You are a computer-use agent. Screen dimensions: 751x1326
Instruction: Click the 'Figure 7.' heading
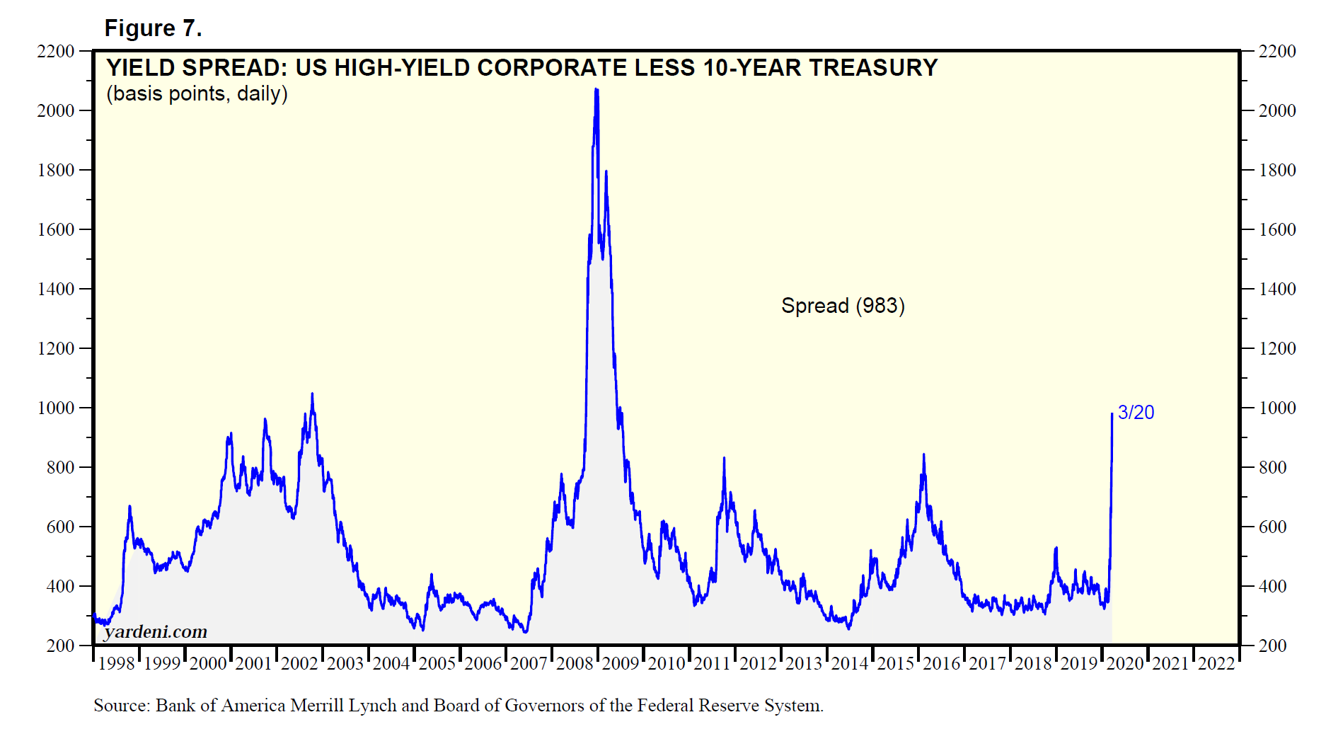(153, 28)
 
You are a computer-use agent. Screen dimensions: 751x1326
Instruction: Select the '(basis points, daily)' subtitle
(197, 93)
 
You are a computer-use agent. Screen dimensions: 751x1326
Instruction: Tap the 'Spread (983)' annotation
(843, 306)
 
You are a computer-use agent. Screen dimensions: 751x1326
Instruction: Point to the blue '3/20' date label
(1136, 413)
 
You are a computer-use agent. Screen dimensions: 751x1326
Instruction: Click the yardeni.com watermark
(156, 631)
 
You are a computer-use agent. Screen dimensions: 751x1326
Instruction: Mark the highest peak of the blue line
(596, 89)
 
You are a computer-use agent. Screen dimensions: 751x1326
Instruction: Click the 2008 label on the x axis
(575, 664)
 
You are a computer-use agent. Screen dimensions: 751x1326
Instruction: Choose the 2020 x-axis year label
(1125, 664)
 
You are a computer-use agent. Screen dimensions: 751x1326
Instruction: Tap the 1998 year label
(116, 664)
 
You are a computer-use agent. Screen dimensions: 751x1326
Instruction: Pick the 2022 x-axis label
(1216, 664)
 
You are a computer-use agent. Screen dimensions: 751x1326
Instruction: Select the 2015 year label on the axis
(896, 664)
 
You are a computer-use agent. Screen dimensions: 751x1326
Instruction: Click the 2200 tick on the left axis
(56, 52)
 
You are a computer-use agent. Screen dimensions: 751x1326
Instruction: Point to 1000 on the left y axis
(56, 408)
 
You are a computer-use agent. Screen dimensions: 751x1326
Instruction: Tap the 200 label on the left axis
(60, 646)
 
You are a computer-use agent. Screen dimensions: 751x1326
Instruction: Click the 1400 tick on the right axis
(1277, 289)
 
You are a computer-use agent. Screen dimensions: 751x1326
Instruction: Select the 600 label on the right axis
(1272, 527)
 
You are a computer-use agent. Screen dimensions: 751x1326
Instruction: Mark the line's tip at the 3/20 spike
(1112, 414)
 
